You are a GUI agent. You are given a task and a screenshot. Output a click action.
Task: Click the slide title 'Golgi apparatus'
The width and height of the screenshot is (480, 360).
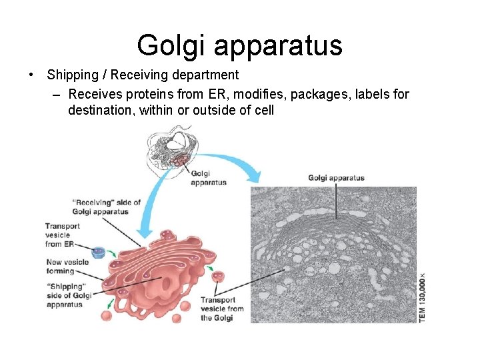coord(239,45)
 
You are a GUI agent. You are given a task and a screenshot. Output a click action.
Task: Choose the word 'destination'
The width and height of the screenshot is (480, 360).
coord(101,110)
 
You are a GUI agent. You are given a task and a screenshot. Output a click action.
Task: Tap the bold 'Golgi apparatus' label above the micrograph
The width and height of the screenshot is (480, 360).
coord(336,178)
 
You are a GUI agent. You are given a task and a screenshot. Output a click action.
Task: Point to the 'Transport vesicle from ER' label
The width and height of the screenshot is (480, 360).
coord(63,235)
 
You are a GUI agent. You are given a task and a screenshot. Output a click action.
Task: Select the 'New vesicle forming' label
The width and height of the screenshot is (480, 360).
coord(64,267)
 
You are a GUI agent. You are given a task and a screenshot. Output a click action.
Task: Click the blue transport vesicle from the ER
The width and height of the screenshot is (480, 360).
coord(99,252)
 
